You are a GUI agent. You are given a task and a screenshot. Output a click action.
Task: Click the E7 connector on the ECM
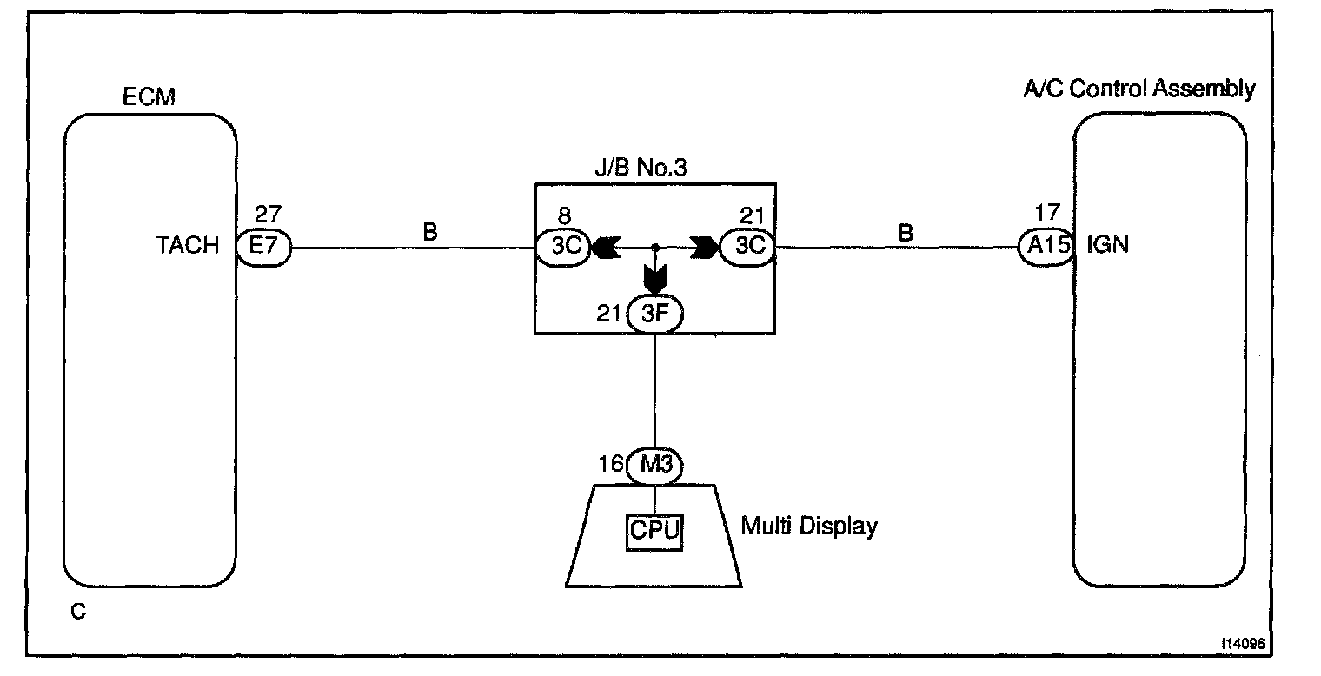[262, 248]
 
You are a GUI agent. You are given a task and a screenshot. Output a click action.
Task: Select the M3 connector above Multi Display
[654, 466]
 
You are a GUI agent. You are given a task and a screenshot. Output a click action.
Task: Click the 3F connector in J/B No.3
[654, 315]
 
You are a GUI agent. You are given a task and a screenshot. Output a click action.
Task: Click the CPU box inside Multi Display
[654, 530]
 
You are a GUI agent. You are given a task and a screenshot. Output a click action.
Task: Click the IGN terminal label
[1107, 246]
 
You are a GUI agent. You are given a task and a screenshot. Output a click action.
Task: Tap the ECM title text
[149, 96]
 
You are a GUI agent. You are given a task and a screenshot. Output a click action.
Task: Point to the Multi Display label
[808, 527]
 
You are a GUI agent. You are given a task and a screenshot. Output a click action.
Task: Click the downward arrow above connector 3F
[654, 280]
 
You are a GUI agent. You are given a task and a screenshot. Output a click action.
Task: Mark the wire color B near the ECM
[429, 233]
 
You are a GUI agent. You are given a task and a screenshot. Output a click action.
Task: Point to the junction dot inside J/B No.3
[654, 248]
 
